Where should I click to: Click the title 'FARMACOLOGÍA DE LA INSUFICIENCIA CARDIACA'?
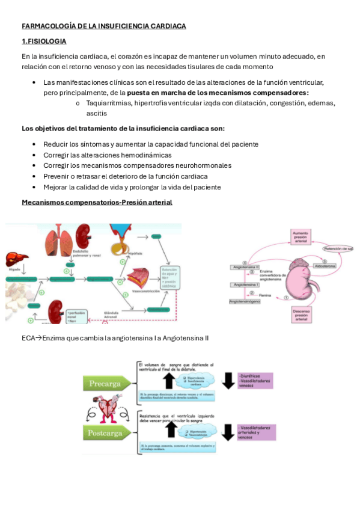pyautogui.click(x=103, y=26)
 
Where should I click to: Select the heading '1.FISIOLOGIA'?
pyautogui.click(x=44, y=41)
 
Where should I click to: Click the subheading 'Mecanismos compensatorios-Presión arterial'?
pyautogui.click(x=97, y=202)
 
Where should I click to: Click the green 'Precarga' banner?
pyautogui.click(x=105, y=383)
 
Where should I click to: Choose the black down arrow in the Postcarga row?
pyautogui.click(x=228, y=432)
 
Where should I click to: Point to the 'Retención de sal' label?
pyautogui.click(x=338, y=248)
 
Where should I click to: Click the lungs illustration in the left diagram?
pyautogui.click(x=62, y=239)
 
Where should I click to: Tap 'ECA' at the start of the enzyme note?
pyautogui.click(x=28, y=338)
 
